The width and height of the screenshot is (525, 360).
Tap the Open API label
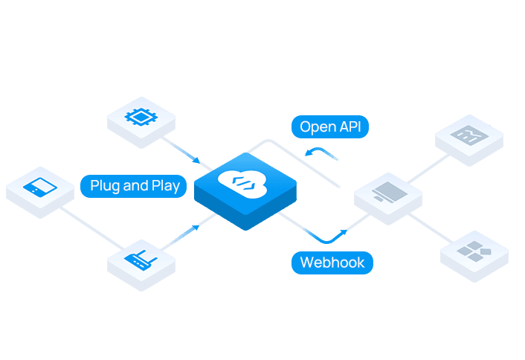(x=329, y=126)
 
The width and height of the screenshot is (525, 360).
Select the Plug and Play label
(x=134, y=185)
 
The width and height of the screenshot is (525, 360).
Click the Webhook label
(x=332, y=263)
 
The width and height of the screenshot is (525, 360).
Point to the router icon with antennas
(x=142, y=260)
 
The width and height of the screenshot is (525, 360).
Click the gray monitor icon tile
(x=387, y=193)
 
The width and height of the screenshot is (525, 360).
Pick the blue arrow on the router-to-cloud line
(x=195, y=226)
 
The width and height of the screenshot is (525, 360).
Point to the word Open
(x=315, y=126)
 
